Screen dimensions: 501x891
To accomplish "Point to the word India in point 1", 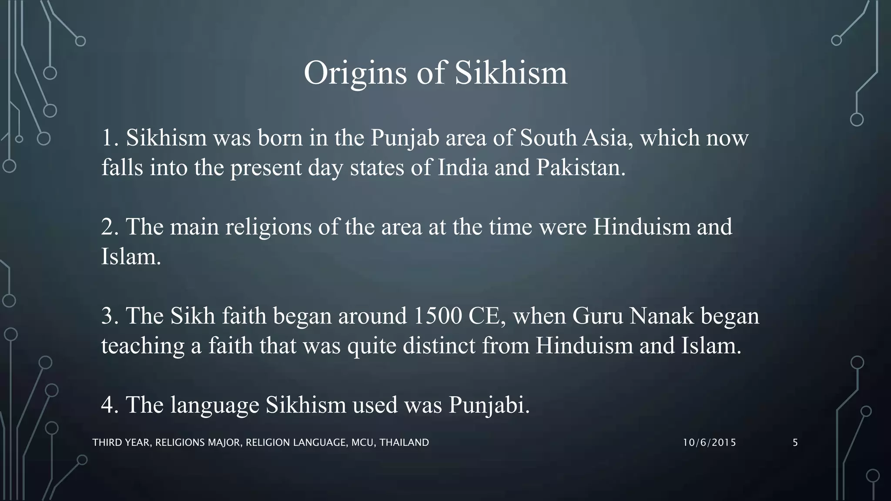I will [463, 168].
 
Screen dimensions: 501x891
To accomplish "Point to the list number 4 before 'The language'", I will [107, 405].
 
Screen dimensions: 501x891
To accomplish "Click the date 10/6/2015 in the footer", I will [709, 443].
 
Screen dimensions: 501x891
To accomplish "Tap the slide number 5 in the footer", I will [795, 443].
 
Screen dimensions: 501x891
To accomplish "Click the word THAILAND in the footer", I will [404, 443].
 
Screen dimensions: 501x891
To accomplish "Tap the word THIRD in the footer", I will [107, 443].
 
